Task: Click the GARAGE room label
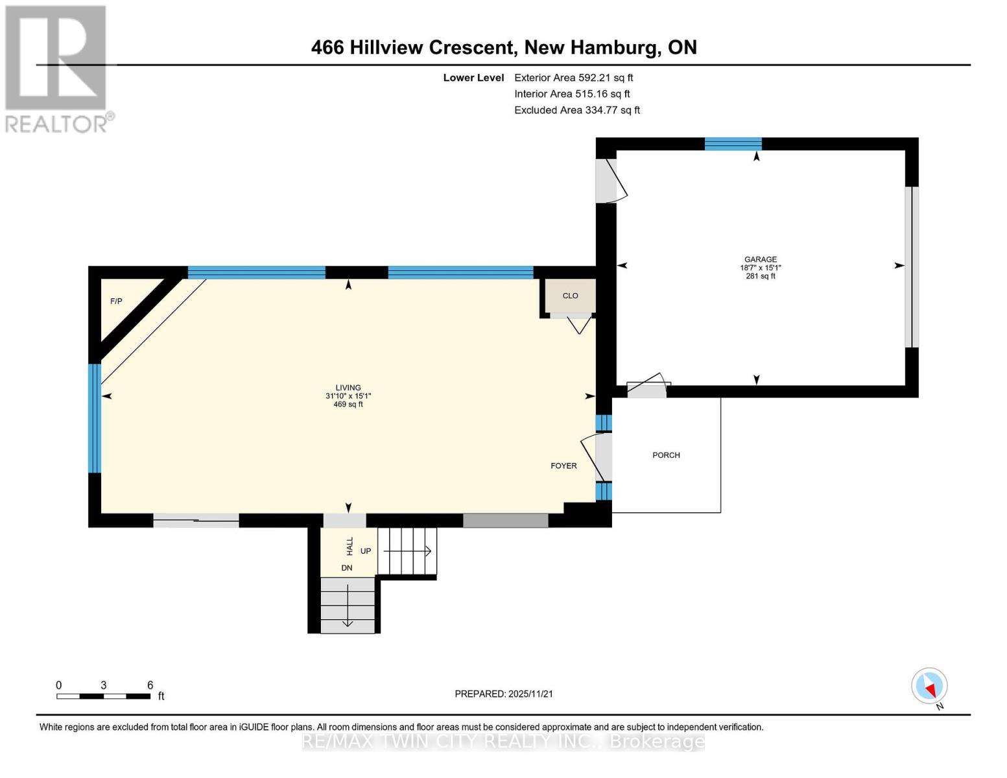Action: click(760, 259)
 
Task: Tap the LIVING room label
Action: click(348, 388)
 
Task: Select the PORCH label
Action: click(666, 455)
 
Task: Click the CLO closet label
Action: click(570, 296)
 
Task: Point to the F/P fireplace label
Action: click(116, 301)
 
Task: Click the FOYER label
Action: click(563, 466)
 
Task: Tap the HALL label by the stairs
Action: click(350, 546)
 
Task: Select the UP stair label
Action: click(366, 551)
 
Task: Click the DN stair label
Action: click(347, 568)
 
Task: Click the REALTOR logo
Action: click(57, 68)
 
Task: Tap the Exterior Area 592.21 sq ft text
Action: click(573, 78)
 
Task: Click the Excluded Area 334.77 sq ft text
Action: click(577, 110)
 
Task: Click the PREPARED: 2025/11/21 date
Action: click(504, 694)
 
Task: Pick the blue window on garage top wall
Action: click(733, 144)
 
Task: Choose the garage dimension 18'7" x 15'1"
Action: click(760, 268)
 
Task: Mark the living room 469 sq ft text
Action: click(348, 405)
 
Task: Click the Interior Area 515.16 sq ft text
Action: click(572, 94)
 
